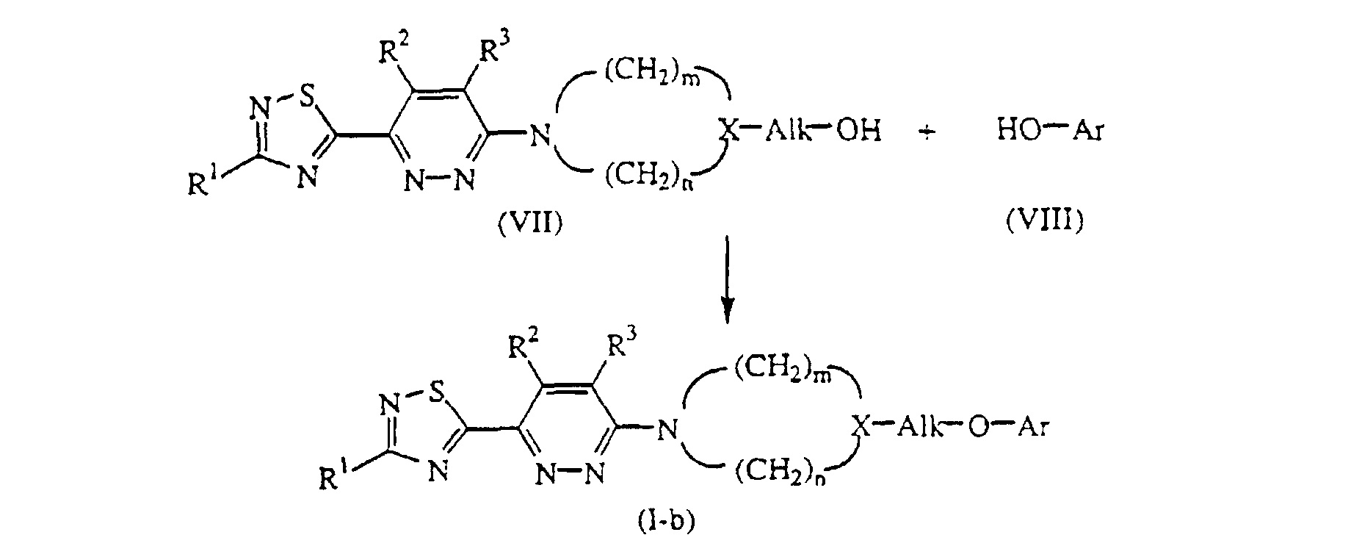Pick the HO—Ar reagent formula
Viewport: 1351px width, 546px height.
click(x=1049, y=132)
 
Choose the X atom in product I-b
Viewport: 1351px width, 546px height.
click(x=861, y=426)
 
